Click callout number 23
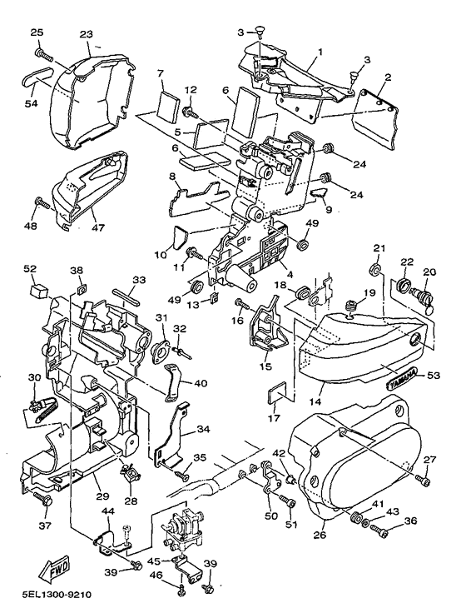click(x=87, y=34)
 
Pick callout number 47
click(x=98, y=227)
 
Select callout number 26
click(x=320, y=534)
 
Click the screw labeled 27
click(x=424, y=480)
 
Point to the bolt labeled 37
click(x=42, y=496)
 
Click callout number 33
click(x=139, y=280)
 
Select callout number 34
click(x=204, y=429)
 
